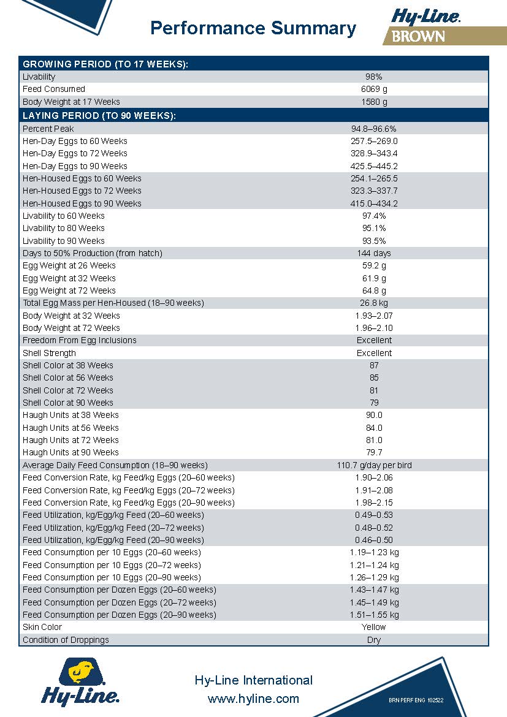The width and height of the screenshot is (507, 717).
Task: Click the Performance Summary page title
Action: [253, 28]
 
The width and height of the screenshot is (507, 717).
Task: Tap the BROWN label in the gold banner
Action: [418, 36]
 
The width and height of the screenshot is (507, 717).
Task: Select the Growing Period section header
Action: [105, 64]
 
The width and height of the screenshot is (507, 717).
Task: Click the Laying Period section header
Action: [99, 116]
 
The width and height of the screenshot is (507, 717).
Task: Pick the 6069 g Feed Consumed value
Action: [374, 89]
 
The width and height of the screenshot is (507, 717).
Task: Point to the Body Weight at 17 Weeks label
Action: [71, 102]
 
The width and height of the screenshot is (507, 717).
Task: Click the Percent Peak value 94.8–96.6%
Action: [374, 129]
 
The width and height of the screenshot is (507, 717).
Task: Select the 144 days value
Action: [374, 253]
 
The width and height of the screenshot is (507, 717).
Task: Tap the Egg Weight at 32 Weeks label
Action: [69, 278]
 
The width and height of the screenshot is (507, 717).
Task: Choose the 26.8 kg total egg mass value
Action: [374, 303]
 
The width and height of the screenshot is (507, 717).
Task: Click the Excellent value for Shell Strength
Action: [374, 353]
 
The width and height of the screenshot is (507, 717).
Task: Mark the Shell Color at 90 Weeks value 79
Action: [374, 403]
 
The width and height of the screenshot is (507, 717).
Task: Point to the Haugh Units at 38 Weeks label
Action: [71, 415]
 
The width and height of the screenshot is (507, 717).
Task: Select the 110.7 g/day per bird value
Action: [374, 465]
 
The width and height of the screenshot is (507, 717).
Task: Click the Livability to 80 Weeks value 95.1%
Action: [374, 228]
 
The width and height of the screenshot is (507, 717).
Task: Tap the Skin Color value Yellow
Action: [374, 627]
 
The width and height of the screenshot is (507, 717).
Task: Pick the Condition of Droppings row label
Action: [66, 640]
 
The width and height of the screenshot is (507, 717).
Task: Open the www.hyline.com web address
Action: [253, 699]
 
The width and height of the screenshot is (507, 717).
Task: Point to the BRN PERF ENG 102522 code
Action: [416, 700]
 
